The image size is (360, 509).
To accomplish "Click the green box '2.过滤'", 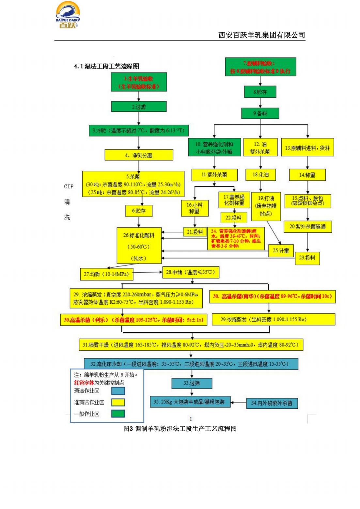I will point(139,106).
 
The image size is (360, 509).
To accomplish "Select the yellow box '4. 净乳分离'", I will point(139,155).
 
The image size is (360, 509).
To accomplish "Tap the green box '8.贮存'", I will point(260,92).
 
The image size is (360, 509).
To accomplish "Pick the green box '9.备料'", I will point(260,113).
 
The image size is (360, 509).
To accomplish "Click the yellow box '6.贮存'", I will point(139,211).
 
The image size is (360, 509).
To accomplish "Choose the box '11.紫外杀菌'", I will point(214,175).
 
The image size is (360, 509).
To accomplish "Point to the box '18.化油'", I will point(260,175).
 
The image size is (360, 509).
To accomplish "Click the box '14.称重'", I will point(307,175).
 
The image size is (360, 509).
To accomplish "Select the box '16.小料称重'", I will point(194,208).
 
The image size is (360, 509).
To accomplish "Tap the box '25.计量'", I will point(281,250).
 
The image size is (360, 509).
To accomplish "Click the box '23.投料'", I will point(307,258).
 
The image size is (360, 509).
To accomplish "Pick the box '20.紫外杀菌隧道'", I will point(307,226).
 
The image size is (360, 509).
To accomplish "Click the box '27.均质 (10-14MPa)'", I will point(106,274).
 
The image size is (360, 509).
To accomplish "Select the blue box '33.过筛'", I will point(192,383).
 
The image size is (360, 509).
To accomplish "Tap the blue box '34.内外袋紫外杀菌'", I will point(272,403).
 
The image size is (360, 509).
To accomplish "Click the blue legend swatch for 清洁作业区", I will point(118,391).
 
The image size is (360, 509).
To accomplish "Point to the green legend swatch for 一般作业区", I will point(118,414).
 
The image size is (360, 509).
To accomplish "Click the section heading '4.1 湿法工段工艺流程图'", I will point(106,66).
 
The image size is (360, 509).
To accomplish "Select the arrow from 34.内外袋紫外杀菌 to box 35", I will point(238,403).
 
